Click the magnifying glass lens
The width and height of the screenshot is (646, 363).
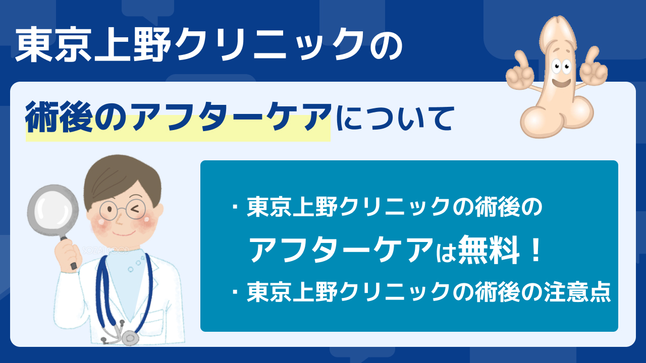[53, 210]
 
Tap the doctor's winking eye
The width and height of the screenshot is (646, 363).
[135, 209]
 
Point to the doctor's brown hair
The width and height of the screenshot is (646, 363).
[121, 178]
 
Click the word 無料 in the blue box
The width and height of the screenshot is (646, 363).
[489, 250]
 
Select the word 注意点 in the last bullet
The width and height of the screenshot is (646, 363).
[578, 292]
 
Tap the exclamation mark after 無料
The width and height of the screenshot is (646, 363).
[536, 250]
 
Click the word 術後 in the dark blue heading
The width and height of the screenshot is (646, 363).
[59, 116]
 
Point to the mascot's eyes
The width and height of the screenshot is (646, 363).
[561, 67]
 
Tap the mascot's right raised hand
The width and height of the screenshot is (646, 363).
[594, 68]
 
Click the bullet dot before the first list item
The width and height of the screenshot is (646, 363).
[236, 207]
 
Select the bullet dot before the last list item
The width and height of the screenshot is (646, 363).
[236, 292]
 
